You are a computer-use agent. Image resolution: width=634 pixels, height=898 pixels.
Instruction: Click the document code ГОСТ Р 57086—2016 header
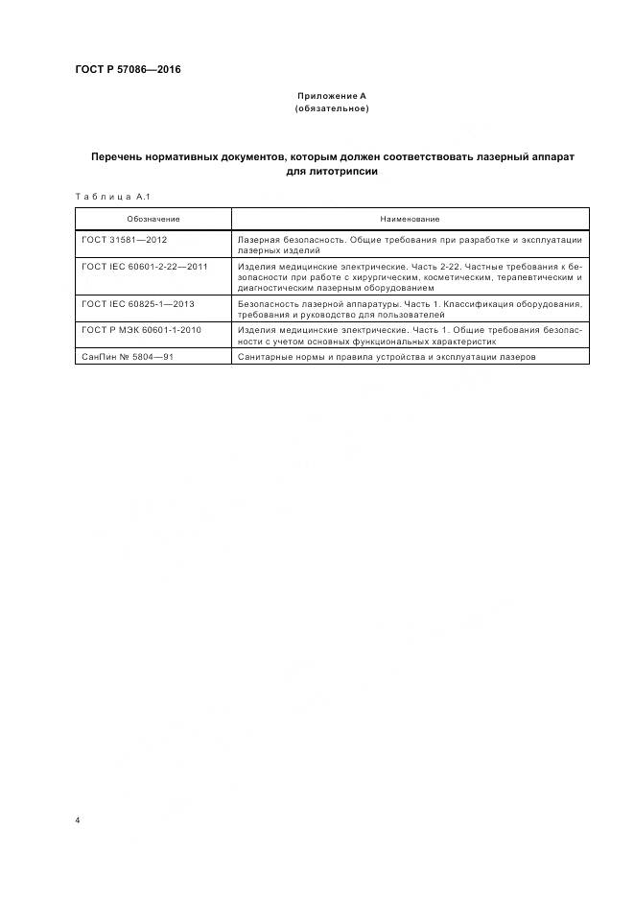tap(128, 70)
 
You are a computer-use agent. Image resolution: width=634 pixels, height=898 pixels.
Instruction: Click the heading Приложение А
tap(331, 96)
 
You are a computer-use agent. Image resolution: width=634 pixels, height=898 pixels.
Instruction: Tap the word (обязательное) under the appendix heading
tap(331, 108)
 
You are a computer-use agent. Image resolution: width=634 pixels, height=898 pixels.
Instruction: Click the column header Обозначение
tap(153, 219)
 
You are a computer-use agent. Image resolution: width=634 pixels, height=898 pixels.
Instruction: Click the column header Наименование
tap(410, 219)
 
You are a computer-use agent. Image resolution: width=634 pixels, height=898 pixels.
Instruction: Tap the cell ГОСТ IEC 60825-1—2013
tap(138, 304)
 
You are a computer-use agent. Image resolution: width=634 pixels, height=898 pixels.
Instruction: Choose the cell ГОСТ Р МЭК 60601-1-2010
tap(142, 330)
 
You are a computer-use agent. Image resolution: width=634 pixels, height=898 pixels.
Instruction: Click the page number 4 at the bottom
tap(78, 821)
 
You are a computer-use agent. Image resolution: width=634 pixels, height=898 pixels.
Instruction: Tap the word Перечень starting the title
tap(120, 155)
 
